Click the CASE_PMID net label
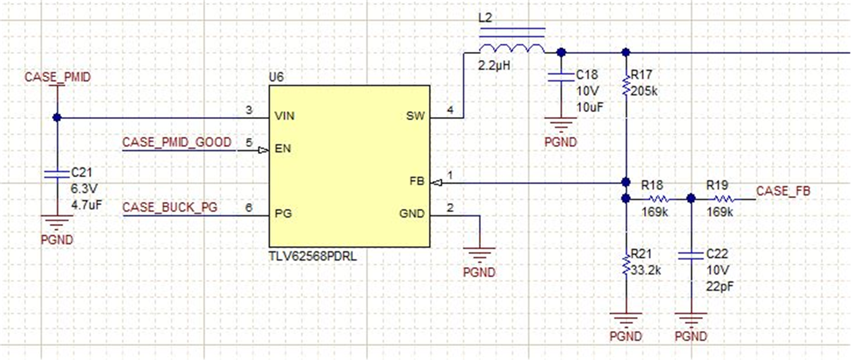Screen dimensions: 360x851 point(57,77)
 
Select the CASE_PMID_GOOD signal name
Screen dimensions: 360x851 point(177,142)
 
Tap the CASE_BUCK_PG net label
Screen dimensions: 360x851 point(170,208)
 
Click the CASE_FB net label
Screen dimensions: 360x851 point(783,190)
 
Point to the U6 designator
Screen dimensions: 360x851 point(276,77)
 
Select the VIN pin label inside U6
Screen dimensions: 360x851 point(285,117)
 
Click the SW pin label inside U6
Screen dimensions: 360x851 point(415,117)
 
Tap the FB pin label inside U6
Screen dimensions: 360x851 point(417,182)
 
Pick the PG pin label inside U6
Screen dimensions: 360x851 point(282,214)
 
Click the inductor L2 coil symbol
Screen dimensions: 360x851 point(511,49)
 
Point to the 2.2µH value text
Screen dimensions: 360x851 point(495,65)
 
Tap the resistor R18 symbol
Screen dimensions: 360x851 point(658,199)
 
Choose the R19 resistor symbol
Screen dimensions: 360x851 point(723,199)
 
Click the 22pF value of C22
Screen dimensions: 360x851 point(719,286)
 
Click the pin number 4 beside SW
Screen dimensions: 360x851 point(450,110)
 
